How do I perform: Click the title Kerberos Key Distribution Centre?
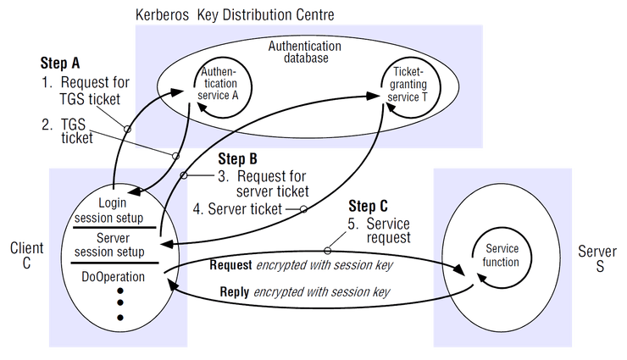coord(235,15)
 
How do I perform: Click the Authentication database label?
coord(304,53)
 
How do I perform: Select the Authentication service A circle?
coord(215,85)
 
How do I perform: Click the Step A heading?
coord(60,64)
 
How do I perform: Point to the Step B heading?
coord(238,158)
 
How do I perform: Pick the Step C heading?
coord(369,206)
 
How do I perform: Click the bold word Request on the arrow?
coord(231,265)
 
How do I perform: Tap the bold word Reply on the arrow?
coord(236,292)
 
